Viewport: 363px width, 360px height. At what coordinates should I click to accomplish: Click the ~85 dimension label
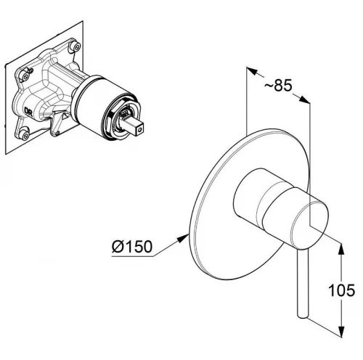pos(278,85)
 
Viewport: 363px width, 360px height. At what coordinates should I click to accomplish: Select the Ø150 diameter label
pos(132,246)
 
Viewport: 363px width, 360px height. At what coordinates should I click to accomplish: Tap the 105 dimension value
pos(341,290)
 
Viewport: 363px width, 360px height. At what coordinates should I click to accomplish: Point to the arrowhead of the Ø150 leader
pos(183,238)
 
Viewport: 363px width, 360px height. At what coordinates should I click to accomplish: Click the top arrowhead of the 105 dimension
pos(341,248)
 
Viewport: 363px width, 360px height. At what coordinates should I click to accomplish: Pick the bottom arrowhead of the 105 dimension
pos(341,331)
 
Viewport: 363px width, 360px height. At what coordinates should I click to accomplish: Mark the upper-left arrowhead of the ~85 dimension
pos(252,70)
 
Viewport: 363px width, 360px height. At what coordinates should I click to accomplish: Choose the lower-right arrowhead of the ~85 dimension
pos(304,99)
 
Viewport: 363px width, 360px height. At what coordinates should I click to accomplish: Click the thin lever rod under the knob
pos(303,282)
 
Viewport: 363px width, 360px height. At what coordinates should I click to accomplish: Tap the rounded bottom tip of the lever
pos(303,315)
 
